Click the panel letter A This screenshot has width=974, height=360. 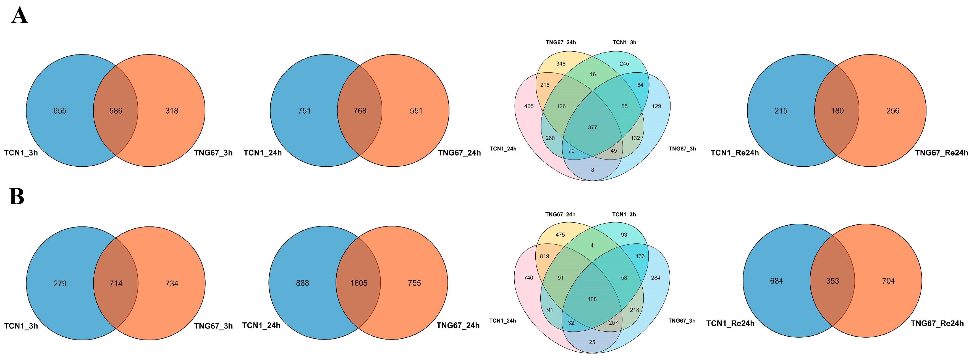(20, 16)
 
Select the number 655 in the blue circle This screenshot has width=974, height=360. (60, 111)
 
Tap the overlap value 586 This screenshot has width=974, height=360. (116, 111)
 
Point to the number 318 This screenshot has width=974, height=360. (172, 111)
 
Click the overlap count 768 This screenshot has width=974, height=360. (360, 111)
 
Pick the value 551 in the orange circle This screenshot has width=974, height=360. (416, 111)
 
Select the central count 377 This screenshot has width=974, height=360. (593, 127)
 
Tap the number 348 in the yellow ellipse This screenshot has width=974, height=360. (561, 64)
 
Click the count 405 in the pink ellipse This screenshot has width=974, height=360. (528, 106)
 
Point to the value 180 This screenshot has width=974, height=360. (837, 111)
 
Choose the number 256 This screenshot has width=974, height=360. (893, 111)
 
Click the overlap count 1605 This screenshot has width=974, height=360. (359, 283)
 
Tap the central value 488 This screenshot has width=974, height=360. (592, 299)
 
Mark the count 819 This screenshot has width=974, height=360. (544, 256)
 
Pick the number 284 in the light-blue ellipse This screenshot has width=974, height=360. (656, 278)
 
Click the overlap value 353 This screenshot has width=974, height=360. (832, 281)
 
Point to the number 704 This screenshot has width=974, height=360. (888, 281)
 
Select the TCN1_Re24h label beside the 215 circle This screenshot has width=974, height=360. (735, 153)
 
